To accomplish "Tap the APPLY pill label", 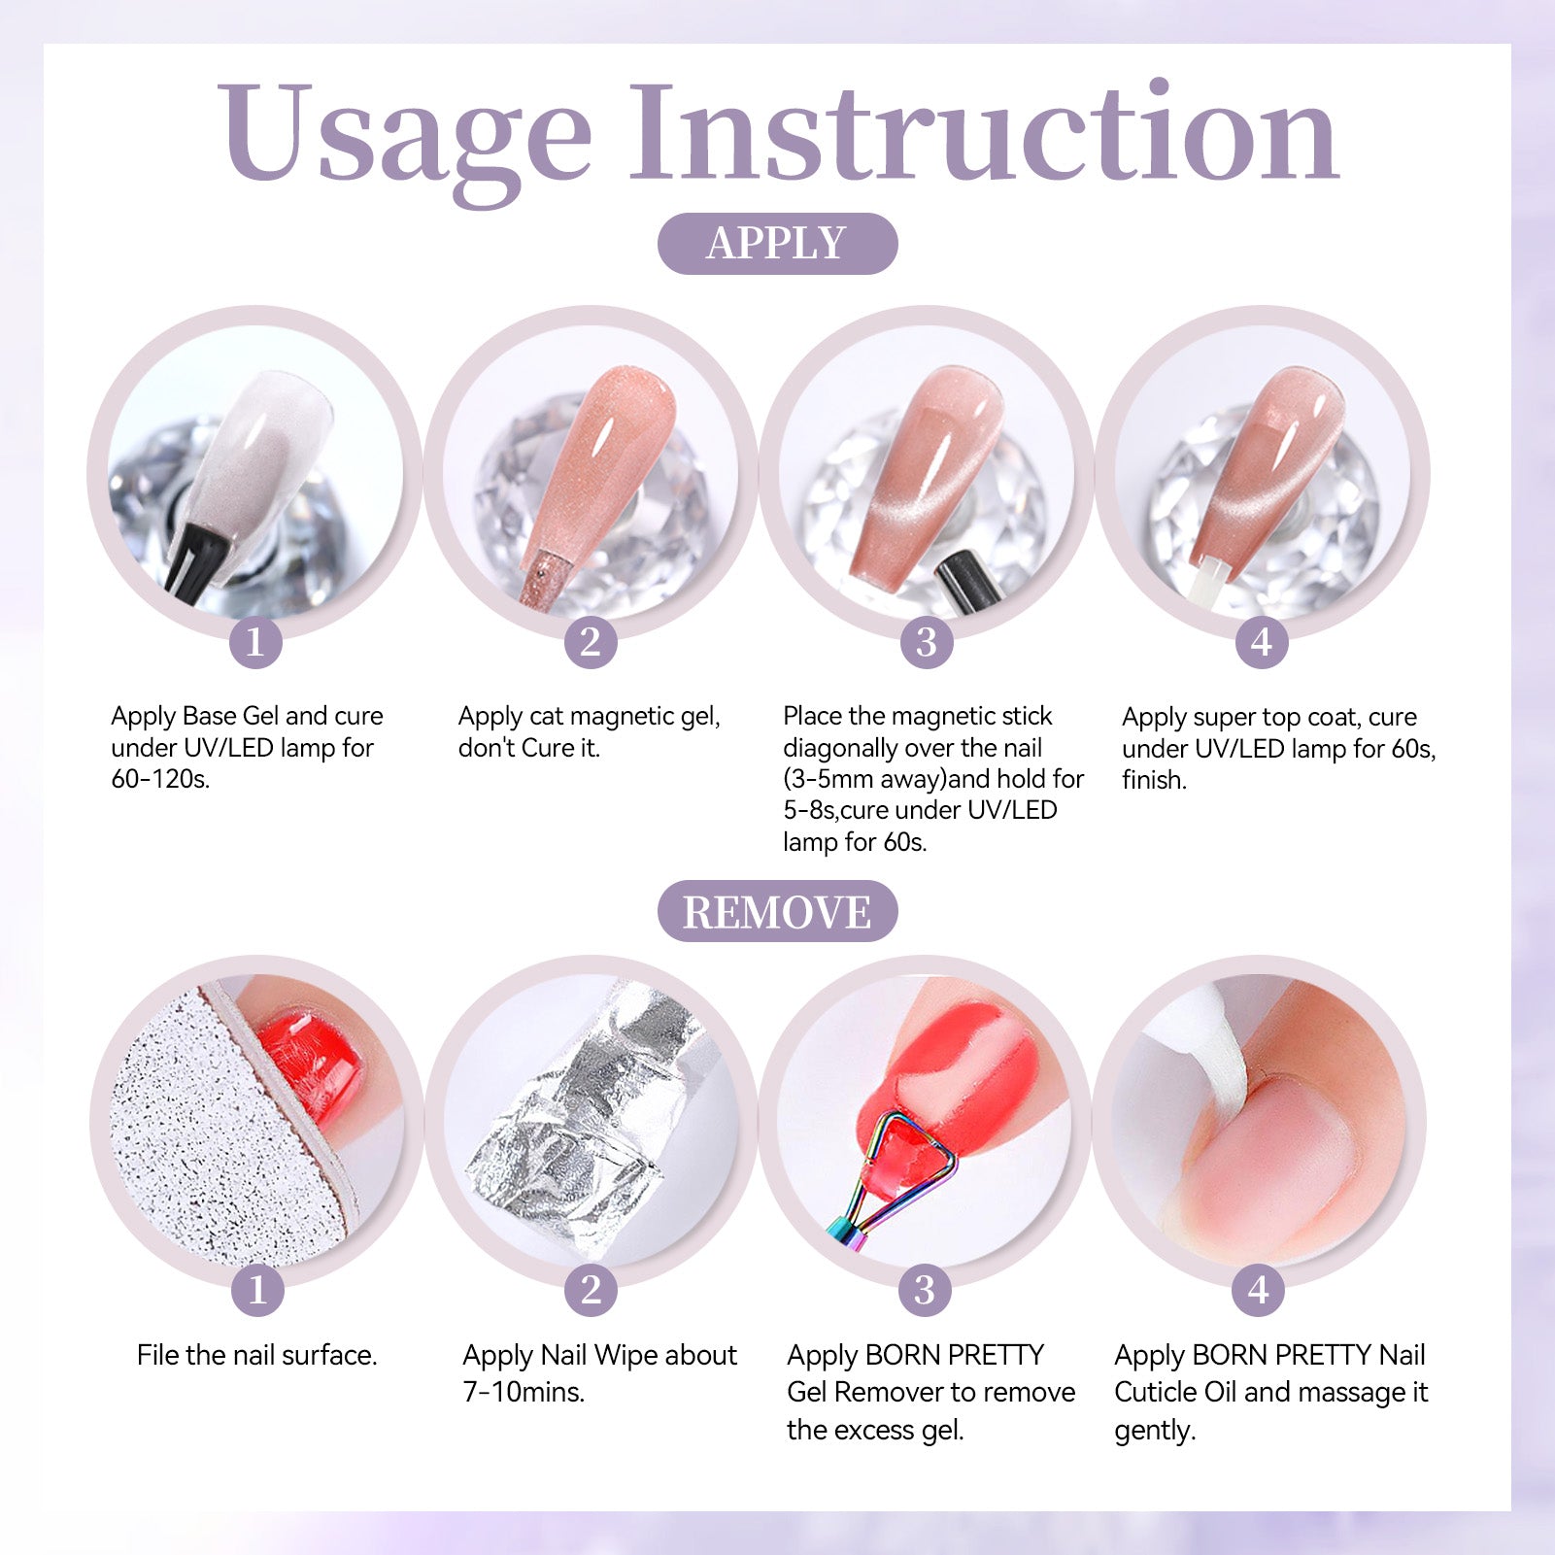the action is [777, 243].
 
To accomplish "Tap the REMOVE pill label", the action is [777, 911].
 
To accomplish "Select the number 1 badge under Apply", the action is [255, 642].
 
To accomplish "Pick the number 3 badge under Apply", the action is [926, 642].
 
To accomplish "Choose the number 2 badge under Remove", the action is [591, 1290].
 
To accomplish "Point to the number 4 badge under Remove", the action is [1259, 1290].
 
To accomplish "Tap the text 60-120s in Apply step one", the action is [160, 779].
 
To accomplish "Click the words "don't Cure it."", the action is [529, 748].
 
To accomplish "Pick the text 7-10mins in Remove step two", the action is [524, 1392].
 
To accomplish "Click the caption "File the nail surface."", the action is [257, 1355].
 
